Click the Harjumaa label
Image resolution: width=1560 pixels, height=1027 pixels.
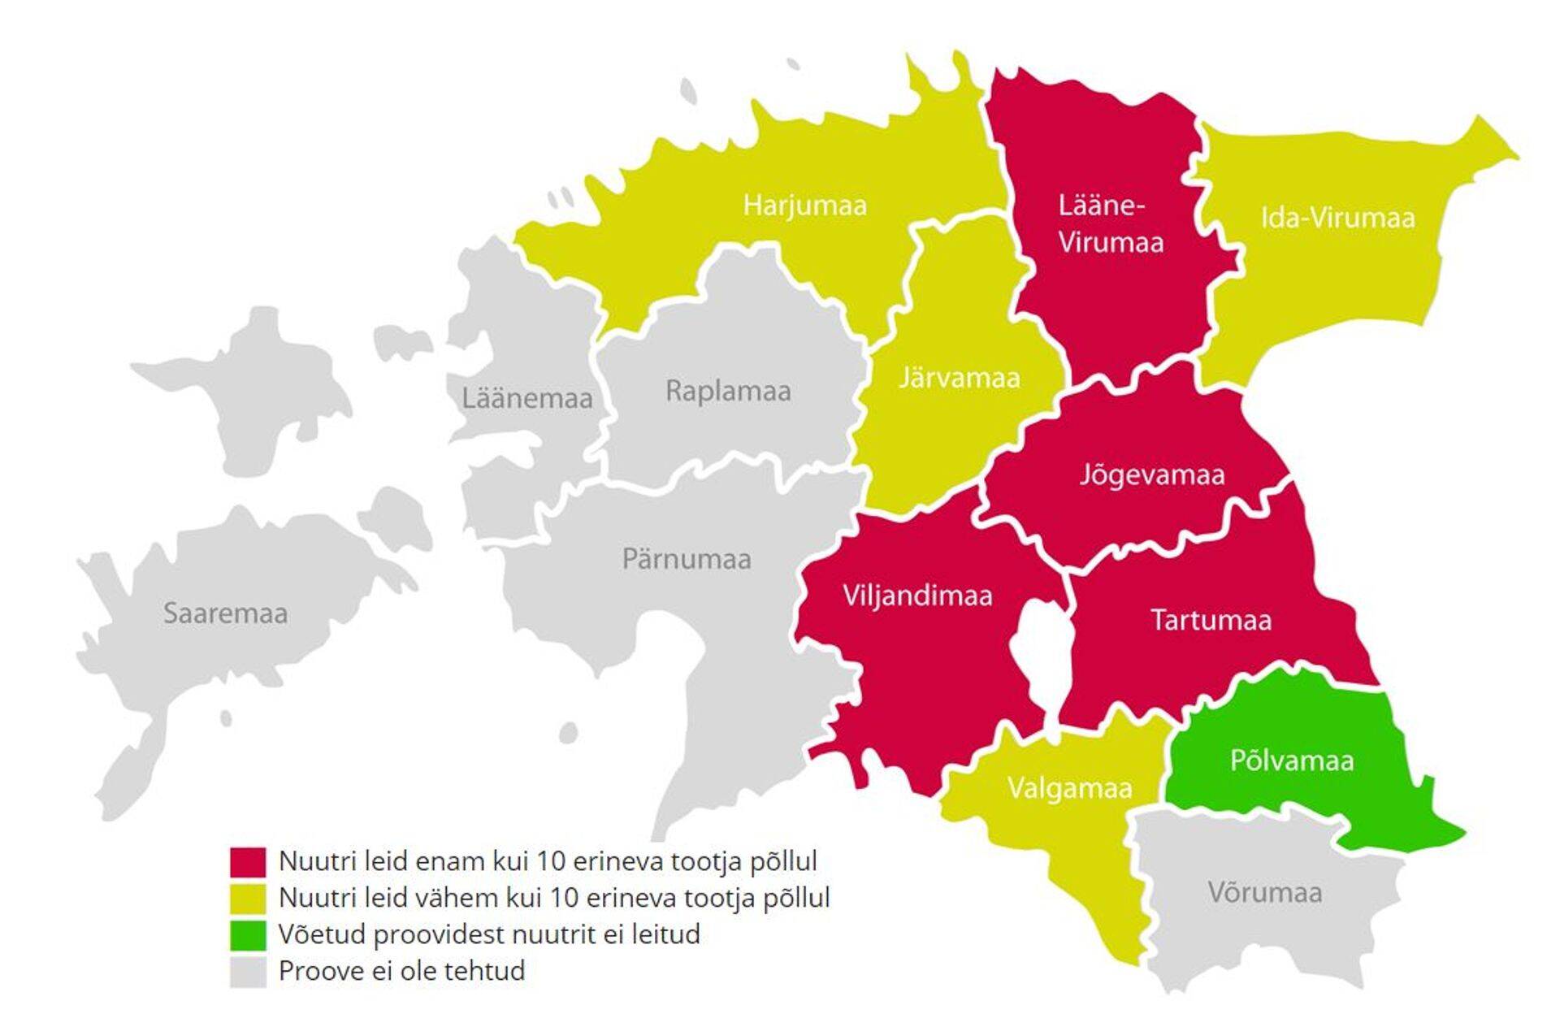[x=804, y=205]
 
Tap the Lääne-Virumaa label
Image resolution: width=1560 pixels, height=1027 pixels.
[x=1110, y=223]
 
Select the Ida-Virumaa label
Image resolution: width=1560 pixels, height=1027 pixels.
[x=1337, y=218]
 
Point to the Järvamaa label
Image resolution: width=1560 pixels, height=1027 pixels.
[x=959, y=378]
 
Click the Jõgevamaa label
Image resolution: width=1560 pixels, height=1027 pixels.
[x=1151, y=474]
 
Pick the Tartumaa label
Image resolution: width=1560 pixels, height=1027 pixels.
[x=1211, y=621]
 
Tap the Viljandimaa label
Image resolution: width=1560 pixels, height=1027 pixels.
[x=917, y=596]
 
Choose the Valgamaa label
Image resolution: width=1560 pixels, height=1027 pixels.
[x=1069, y=788]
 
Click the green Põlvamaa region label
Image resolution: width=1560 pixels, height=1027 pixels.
[x=1291, y=760]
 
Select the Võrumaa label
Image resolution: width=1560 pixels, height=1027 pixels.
[x=1264, y=892]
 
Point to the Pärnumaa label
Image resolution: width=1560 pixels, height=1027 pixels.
[x=687, y=559]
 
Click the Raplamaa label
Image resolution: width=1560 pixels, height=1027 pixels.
[x=728, y=391]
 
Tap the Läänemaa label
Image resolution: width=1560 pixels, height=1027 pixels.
[x=527, y=399]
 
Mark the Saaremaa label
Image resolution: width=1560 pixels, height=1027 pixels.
[x=225, y=613]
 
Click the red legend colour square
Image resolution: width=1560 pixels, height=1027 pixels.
[x=248, y=861]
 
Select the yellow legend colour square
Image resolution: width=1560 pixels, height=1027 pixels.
[x=248, y=898]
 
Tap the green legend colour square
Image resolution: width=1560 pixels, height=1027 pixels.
[x=248, y=934]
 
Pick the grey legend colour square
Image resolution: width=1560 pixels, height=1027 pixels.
[x=248, y=971]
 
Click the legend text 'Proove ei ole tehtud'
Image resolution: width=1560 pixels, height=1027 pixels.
[x=401, y=971]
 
